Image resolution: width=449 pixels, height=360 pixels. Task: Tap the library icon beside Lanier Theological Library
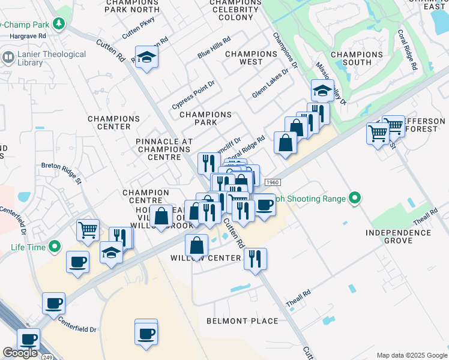pos(8,58)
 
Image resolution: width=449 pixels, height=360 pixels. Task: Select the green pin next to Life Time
pos(55,246)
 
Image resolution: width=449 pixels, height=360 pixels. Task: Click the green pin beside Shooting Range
pos(355,198)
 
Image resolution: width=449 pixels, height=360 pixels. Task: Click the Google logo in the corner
pos(20,353)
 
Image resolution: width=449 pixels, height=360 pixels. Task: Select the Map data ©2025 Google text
pos(412,355)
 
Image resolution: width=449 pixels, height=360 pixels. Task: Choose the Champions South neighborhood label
pos(357,58)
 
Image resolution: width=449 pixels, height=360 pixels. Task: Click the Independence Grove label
pos(391,236)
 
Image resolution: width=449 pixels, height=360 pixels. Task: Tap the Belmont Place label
pos(243,321)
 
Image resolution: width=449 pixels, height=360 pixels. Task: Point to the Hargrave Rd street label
pos(28,36)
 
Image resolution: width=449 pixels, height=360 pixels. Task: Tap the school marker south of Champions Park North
pos(146,58)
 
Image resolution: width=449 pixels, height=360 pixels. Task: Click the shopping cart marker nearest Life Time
pos(88,229)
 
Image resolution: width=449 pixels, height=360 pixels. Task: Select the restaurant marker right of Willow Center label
pos(255,259)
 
